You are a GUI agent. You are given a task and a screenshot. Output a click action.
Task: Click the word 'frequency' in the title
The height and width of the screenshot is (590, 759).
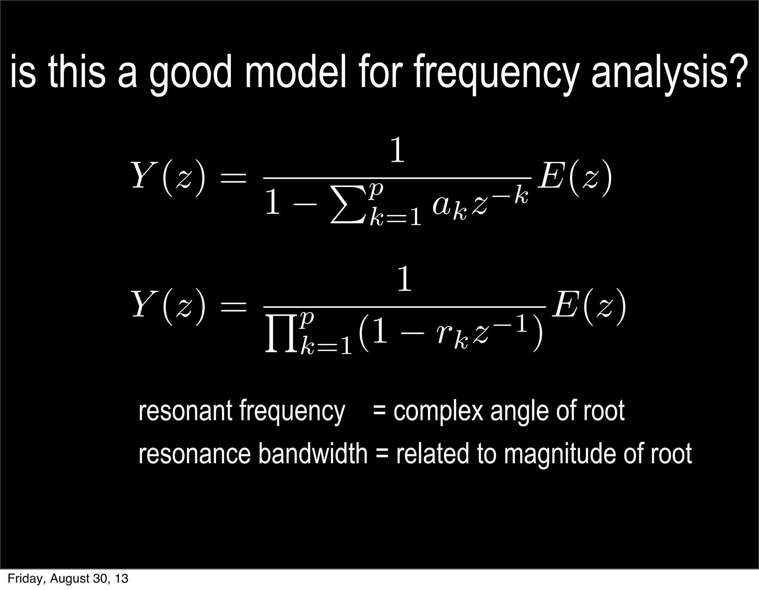tap(495, 72)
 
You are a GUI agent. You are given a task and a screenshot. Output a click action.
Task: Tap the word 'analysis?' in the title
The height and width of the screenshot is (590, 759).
tap(667, 72)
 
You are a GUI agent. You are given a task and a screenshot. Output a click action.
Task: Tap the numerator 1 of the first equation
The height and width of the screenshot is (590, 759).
tap(397, 151)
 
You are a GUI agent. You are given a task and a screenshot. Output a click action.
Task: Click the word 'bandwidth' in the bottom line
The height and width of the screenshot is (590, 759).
tap(312, 454)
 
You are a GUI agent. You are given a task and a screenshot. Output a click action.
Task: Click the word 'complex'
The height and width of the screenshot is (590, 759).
tap(438, 411)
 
